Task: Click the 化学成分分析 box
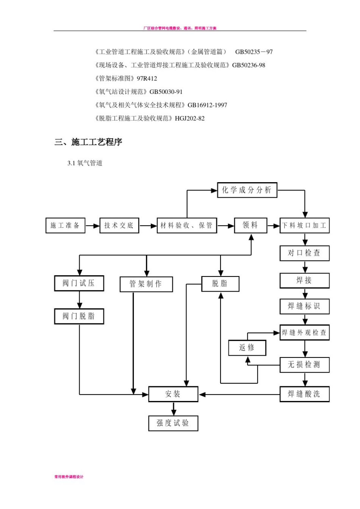click(247, 190)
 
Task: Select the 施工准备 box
click(65, 225)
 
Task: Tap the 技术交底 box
click(119, 225)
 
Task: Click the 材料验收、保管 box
click(186, 225)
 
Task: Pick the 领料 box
click(250, 225)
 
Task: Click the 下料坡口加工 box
click(304, 225)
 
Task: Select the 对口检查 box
click(304, 253)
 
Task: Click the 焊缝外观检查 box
click(304, 333)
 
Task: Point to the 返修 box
click(247, 348)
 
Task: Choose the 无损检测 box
click(304, 365)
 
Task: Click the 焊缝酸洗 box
click(304, 394)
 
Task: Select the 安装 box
click(173, 394)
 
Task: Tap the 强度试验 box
click(173, 423)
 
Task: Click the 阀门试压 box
click(79, 283)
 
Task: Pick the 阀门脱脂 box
click(79, 316)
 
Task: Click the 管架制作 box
click(146, 284)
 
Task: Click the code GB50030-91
click(166, 92)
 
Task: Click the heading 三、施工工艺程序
click(88, 142)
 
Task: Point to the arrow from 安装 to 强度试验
click(174, 409)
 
